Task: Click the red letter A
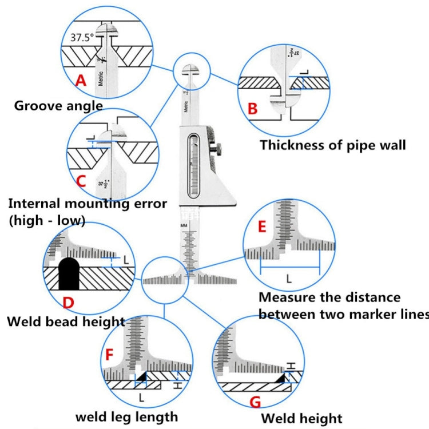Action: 82,81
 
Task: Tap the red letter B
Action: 252,108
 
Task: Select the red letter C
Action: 81,181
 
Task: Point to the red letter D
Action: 69,301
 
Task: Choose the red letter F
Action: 110,355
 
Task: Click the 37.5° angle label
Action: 82,38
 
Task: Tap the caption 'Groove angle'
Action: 58,105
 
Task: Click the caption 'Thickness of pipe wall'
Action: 333,145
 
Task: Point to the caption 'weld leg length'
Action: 128,416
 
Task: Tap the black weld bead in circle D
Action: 69,272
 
